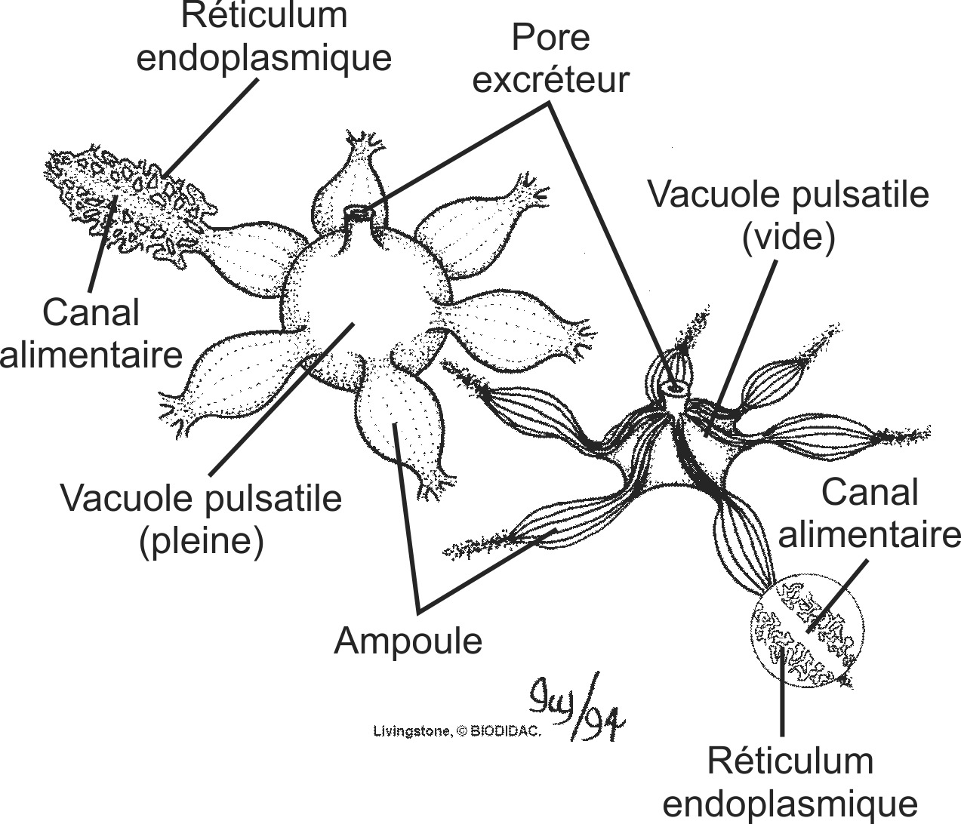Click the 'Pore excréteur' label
click(x=550, y=58)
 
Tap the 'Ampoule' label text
click(x=408, y=641)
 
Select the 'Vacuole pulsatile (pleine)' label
click(x=201, y=519)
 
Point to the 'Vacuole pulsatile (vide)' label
click(x=788, y=217)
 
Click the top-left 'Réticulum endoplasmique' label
click(x=264, y=38)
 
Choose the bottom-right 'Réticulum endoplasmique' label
click(x=790, y=782)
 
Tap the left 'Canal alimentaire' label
click(x=91, y=333)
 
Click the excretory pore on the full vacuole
click(x=360, y=214)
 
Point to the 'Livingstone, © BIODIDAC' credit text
click(x=458, y=730)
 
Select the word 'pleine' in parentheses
click(x=201, y=540)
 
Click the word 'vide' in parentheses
click(x=788, y=238)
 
